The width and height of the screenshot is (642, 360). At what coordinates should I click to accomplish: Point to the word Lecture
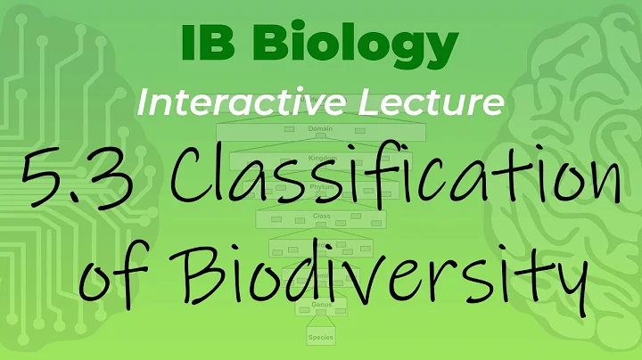point(444,102)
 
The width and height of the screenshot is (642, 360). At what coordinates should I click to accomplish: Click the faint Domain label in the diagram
point(320,129)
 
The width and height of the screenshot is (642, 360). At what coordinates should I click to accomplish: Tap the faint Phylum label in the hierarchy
point(320,188)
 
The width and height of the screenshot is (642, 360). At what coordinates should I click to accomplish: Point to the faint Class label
point(321,217)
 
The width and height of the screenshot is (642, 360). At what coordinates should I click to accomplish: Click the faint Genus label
point(321,306)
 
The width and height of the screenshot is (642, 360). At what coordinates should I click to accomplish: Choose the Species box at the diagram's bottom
point(321,337)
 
